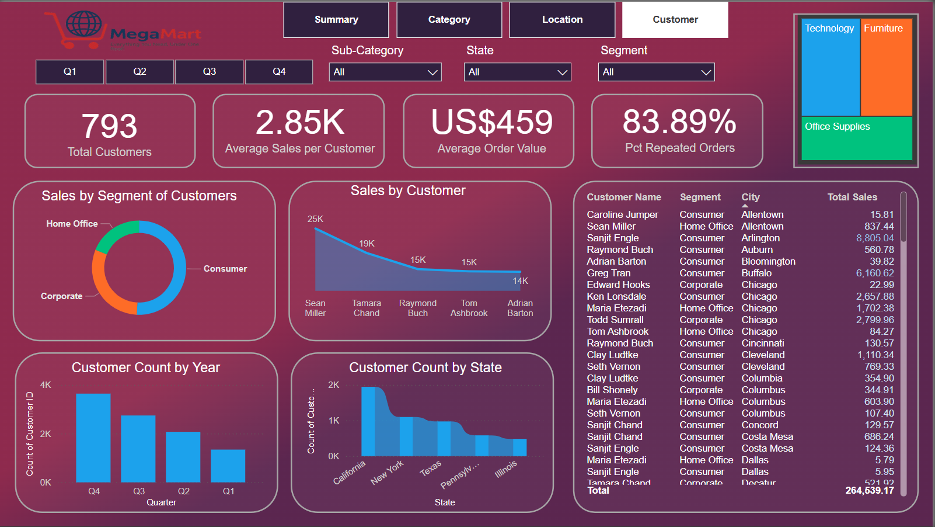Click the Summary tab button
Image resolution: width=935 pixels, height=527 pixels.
336,20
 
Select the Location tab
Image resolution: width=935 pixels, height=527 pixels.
562,20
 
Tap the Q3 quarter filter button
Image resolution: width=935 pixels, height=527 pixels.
209,72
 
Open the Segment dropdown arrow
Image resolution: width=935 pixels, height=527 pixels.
706,72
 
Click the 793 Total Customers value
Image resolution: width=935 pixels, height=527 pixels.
109,126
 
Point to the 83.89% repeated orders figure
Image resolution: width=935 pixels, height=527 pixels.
679,122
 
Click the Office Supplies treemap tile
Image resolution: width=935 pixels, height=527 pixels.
856,138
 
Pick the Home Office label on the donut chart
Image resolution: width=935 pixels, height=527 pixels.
72,224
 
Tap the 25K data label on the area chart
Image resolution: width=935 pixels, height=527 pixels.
315,219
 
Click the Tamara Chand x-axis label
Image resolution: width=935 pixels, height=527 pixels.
366,308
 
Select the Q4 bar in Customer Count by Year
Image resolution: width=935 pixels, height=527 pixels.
93,438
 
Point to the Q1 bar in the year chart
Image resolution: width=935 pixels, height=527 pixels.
228,466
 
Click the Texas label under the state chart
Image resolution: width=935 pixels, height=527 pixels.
431,469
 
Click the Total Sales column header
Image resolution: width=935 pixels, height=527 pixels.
852,197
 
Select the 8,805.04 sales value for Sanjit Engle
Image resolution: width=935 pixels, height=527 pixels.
874,238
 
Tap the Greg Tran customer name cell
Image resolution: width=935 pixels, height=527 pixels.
609,273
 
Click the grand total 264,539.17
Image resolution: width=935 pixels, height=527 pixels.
869,491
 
